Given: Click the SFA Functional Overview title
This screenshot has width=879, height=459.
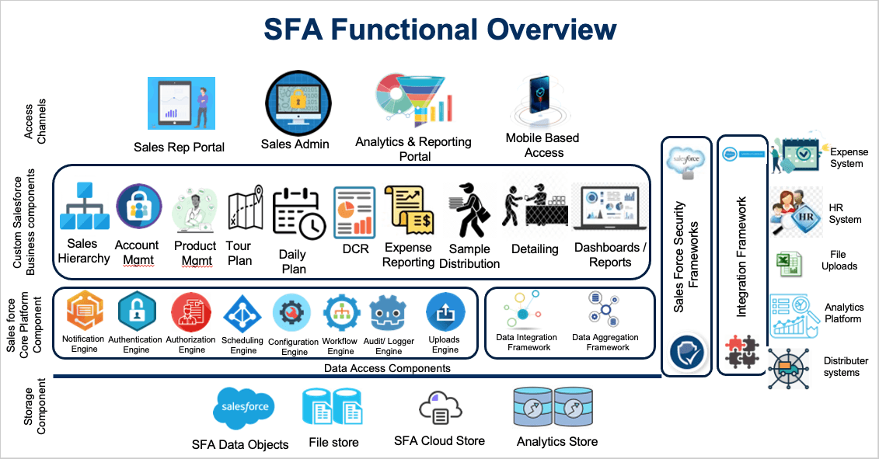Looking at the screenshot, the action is (x=440, y=30).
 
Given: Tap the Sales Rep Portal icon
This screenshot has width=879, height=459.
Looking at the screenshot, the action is (x=181, y=103).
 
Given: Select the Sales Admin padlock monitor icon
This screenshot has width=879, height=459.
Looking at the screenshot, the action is (x=298, y=103).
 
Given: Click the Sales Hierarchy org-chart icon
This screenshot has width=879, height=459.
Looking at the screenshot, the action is (x=85, y=206).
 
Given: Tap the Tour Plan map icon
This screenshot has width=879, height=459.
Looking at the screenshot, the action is (x=245, y=207).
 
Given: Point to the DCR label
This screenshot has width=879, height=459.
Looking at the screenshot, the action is (x=355, y=249).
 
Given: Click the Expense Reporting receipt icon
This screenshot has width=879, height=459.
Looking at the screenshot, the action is (x=410, y=210).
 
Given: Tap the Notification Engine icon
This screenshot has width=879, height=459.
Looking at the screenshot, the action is (x=84, y=310).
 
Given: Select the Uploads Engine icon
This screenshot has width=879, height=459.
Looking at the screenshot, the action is (x=445, y=312).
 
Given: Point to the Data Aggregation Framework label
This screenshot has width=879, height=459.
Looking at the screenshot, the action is (x=605, y=342).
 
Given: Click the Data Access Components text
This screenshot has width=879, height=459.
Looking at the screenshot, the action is (x=387, y=368).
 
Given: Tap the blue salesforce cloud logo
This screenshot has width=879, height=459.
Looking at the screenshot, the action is (x=244, y=408).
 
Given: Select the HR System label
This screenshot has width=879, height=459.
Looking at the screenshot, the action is (x=844, y=214).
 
